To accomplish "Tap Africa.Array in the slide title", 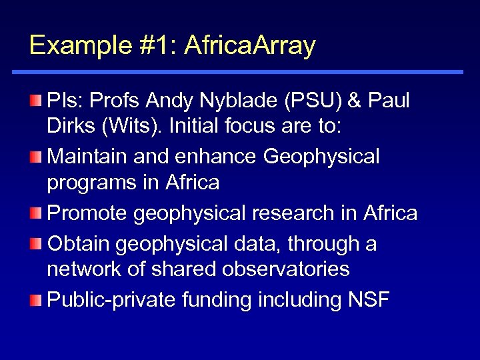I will point(249,45).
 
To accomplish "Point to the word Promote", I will point(87,213).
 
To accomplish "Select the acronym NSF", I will point(369,300).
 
